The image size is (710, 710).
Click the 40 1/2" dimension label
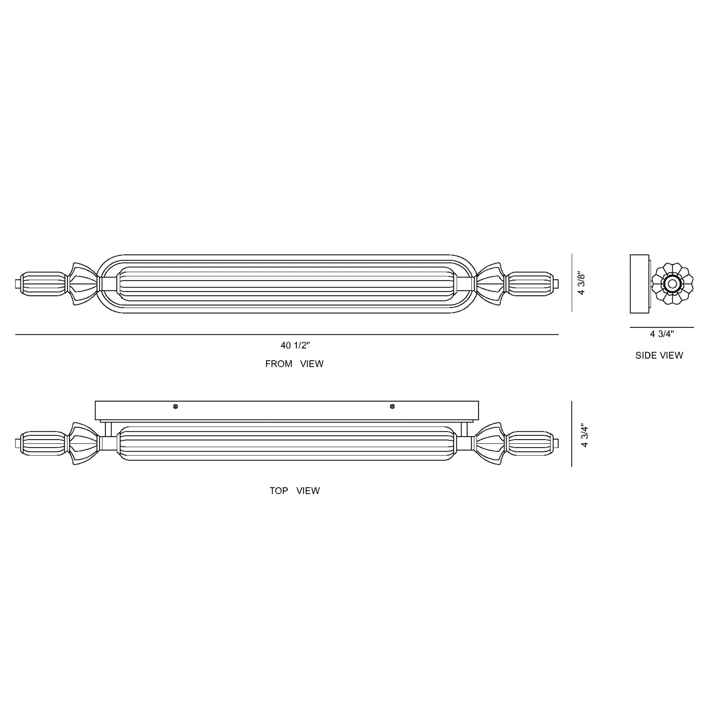click(295, 345)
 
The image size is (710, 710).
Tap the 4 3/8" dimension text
click(581, 284)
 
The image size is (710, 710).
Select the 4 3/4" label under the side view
click(662, 334)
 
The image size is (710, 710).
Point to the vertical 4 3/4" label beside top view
click(585, 436)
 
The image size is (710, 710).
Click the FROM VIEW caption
click(294, 364)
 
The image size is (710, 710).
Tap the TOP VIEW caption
click(295, 491)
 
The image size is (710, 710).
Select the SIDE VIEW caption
click(659, 355)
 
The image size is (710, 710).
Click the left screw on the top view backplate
click(176, 406)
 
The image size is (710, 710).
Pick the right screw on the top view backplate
click(392, 406)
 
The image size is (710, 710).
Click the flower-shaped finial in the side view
click(672, 284)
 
